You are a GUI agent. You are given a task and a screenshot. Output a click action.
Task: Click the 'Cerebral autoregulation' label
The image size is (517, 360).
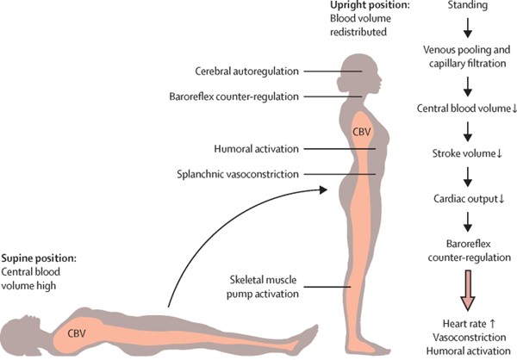(x=246, y=71)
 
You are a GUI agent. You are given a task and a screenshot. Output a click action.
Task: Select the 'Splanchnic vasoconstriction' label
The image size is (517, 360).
(x=238, y=174)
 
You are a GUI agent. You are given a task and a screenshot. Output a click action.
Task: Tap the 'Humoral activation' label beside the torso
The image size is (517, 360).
(x=256, y=149)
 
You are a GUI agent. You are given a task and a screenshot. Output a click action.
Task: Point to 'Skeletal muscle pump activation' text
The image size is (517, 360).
(x=263, y=287)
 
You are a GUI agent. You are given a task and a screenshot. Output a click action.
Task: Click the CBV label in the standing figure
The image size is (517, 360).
(x=362, y=132)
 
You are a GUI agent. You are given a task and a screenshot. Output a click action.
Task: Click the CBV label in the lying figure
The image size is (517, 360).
(x=77, y=333)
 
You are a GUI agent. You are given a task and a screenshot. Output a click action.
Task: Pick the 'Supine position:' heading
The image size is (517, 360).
(x=39, y=258)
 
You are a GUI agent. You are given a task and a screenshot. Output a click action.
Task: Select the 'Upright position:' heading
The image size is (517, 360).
(x=370, y=5)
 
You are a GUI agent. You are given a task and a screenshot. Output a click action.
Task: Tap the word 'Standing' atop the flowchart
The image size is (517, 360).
(x=468, y=5)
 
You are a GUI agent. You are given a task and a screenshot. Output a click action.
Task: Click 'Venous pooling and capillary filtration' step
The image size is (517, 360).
(x=467, y=56)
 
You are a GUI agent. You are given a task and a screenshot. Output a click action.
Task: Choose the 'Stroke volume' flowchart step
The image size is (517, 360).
(x=467, y=153)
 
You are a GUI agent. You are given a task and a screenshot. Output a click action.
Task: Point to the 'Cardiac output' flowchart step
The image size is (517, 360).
(x=469, y=199)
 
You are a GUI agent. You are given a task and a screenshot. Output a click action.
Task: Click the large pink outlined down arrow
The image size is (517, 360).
(x=468, y=290)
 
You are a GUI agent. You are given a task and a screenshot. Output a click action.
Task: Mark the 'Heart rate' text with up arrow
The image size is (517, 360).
(x=469, y=324)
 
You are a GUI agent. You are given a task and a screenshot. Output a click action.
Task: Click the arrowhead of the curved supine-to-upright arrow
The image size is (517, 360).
(x=322, y=189)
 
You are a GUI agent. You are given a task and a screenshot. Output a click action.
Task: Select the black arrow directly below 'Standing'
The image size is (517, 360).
(x=468, y=28)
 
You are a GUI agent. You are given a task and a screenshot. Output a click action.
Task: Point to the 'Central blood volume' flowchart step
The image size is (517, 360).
(x=466, y=109)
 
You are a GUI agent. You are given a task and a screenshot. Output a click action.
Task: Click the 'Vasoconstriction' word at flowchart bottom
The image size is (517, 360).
(x=470, y=338)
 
